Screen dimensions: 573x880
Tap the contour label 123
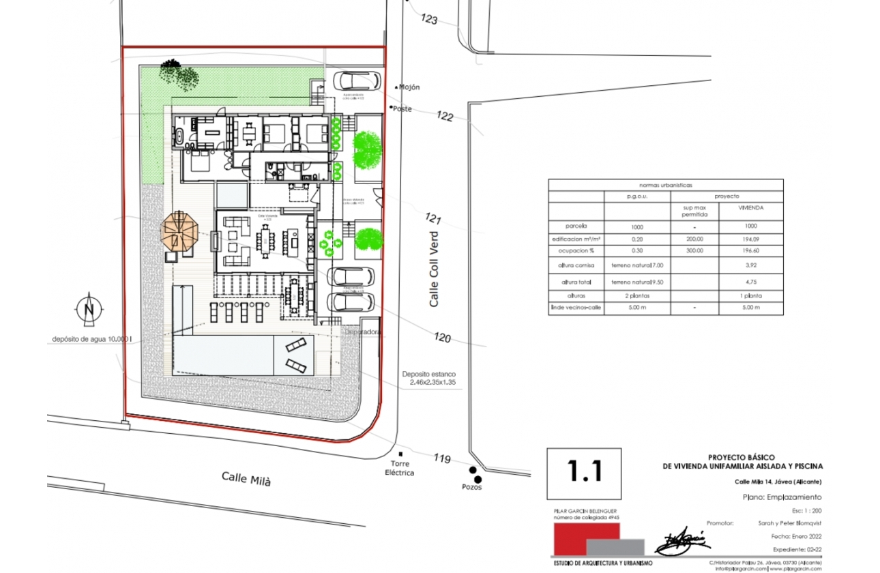[429, 19]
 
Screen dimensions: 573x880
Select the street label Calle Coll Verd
[434, 269]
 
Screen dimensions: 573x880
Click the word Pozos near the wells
[471, 487]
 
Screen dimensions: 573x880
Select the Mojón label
[409, 87]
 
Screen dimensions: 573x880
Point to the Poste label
[402, 108]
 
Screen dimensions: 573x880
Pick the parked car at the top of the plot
[357, 80]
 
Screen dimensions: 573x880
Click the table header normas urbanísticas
[665, 185]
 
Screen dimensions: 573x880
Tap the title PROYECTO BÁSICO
[742, 457]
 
